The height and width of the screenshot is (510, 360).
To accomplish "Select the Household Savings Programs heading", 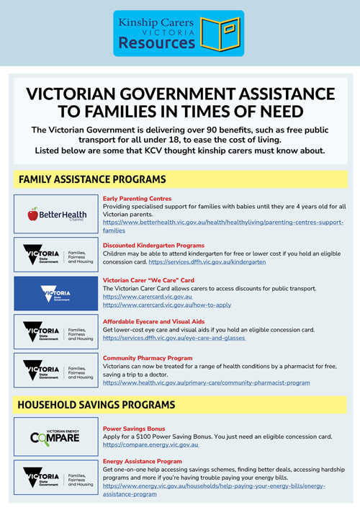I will (96, 405).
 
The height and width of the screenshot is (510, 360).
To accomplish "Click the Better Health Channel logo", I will (55, 214).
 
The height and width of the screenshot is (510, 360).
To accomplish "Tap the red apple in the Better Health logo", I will (32, 214).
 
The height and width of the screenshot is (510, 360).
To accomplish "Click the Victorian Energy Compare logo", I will (55, 435).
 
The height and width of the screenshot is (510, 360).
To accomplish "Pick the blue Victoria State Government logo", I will (55, 295).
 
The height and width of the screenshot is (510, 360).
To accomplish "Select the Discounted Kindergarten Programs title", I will (153, 246).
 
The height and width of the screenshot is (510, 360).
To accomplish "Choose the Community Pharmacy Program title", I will (148, 358).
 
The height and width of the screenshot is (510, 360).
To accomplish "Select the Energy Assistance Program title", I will (142, 461).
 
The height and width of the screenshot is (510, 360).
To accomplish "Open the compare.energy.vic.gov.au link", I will (150, 445).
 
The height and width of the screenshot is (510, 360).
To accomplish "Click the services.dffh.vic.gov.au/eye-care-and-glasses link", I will (174, 338).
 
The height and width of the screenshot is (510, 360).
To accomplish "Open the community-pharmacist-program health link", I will (207, 382).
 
